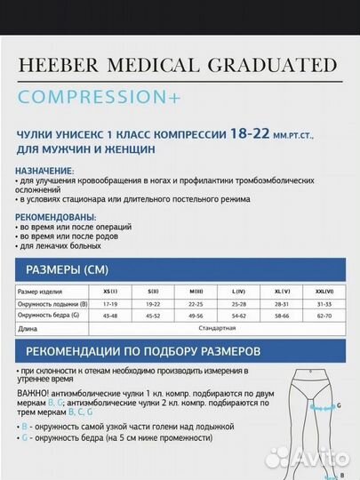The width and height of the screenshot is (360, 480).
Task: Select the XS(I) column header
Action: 109,291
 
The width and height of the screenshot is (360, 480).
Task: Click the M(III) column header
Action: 196,291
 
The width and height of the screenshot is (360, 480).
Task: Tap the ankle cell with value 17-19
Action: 109,303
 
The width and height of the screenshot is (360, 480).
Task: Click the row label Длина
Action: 28,328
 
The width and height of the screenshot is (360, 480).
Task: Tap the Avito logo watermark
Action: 306,457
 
